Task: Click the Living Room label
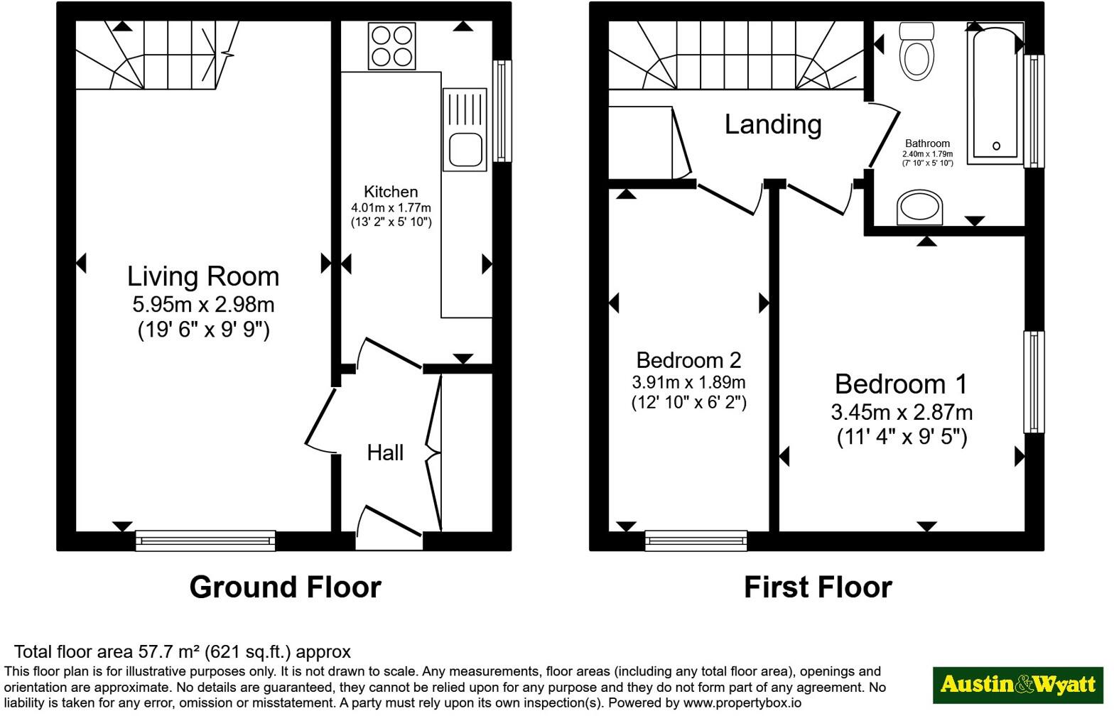pyautogui.click(x=203, y=276)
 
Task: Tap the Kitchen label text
pyautogui.click(x=391, y=192)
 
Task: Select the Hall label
pyautogui.click(x=385, y=453)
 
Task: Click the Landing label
pyautogui.click(x=773, y=125)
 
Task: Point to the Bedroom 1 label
pyautogui.click(x=901, y=384)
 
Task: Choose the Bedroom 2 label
pyautogui.click(x=689, y=361)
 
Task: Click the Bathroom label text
pyautogui.click(x=928, y=143)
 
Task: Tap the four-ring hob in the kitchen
pyautogui.click(x=392, y=46)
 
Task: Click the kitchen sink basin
pyautogui.click(x=465, y=150)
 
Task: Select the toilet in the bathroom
pyautogui.click(x=916, y=51)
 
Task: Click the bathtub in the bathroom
pyautogui.click(x=995, y=94)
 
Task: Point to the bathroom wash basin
pyautogui.click(x=920, y=207)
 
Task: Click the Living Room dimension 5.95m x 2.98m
pyautogui.click(x=203, y=305)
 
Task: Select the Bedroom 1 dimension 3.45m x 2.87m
pyautogui.click(x=902, y=413)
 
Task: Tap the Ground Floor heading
pyautogui.click(x=286, y=587)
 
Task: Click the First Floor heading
pyautogui.click(x=818, y=587)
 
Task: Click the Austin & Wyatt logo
pyautogui.click(x=1018, y=685)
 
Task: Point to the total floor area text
pyautogui.click(x=182, y=652)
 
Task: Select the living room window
pyautogui.click(x=205, y=541)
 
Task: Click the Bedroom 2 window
pyautogui.click(x=696, y=541)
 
